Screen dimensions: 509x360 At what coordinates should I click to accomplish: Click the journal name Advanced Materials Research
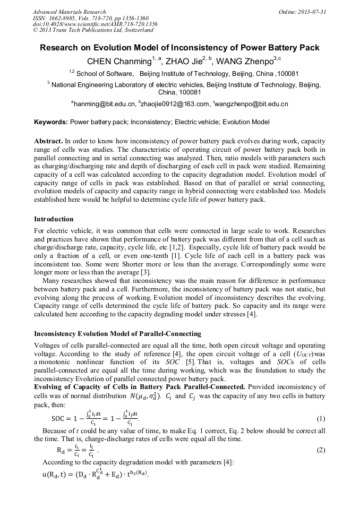(69, 12)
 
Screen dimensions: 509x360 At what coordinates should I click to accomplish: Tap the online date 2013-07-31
(310, 12)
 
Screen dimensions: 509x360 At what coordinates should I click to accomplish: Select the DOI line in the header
(95, 24)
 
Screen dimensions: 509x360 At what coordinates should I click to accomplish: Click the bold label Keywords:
(51, 122)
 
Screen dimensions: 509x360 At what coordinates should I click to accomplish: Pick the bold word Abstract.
(48, 142)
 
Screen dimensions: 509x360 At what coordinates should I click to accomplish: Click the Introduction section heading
(54, 219)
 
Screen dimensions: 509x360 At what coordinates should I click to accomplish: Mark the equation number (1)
(320, 419)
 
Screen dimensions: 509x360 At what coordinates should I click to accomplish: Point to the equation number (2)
(320, 450)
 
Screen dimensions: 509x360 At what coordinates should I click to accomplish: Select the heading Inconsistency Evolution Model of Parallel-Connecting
(117, 334)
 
